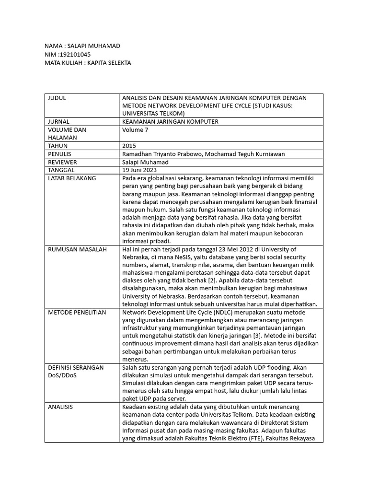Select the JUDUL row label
tap(57, 98)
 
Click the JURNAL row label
tap(58, 122)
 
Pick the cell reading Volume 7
tap(136, 129)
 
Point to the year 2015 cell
tap(129, 146)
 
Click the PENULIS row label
tap(59, 154)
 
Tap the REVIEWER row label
tap(62, 162)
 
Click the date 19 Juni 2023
tap(139, 170)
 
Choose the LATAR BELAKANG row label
tap(72, 178)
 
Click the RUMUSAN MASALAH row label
tap(77, 249)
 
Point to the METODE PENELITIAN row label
tap(77, 312)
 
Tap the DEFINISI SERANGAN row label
tap(76, 367)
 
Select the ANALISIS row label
tap(60, 407)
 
